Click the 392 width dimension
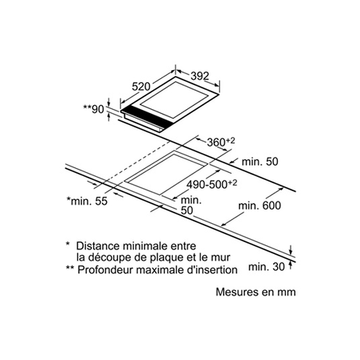(200, 76)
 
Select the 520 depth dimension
(141, 87)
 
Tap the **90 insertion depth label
(93, 109)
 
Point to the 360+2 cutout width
(221, 142)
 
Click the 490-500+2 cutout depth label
(212, 184)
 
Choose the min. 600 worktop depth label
(260, 205)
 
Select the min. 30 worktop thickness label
(266, 267)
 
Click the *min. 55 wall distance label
(87, 201)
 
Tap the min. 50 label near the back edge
(260, 162)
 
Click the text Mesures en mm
(256, 292)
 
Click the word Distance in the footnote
(98, 246)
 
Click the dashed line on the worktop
(138, 161)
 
